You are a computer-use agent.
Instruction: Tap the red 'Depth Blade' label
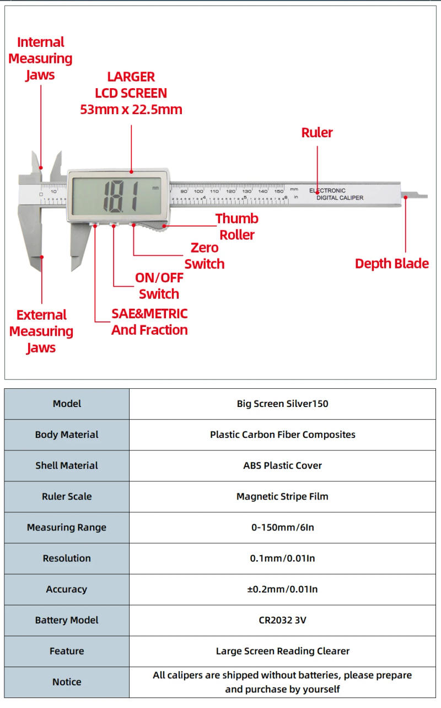pyautogui.click(x=391, y=264)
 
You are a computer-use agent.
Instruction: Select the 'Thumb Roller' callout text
pyautogui.click(x=236, y=227)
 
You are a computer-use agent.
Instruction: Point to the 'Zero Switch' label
pyautogui.click(x=204, y=256)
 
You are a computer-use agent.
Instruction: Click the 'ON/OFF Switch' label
pyautogui.click(x=159, y=286)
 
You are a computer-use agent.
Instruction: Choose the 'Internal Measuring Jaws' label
pyautogui.click(x=40, y=58)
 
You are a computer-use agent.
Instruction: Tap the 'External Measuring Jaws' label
pyautogui.click(x=41, y=331)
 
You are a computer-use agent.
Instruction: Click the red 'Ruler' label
pyautogui.click(x=317, y=132)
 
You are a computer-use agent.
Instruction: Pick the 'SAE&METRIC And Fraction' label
pyautogui.click(x=149, y=322)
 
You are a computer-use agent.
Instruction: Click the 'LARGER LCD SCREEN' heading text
pyautogui.click(x=131, y=93)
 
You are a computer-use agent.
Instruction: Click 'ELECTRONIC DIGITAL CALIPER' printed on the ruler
pyautogui.click(x=336, y=194)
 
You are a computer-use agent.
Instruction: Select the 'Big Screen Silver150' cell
pyautogui.click(x=282, y=404)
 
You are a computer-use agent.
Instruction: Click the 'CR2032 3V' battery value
pyautogui.click(x=282, y=620)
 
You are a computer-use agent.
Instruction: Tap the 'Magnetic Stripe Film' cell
pyautogui.click(x=282, y=496)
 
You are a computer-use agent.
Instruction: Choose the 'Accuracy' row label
pyautogui.click(x=67, y=589)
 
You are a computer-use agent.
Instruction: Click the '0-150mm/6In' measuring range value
pyautogui.click(x=282, y=527)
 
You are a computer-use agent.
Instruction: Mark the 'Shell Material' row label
pyautogui.click(x=67, y=465)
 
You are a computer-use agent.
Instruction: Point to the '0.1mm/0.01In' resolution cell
pyautogui.click(x=282, y=559)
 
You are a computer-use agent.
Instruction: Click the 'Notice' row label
pyautogui.click(x=67, y=682)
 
